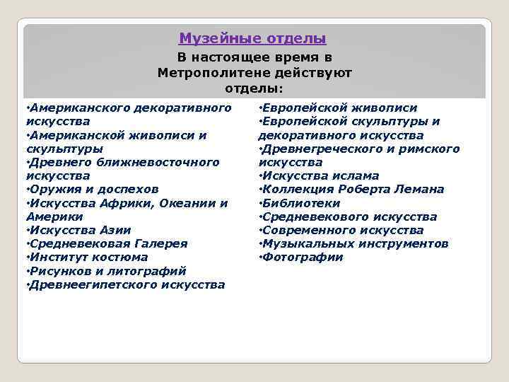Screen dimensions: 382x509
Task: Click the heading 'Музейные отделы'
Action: [x=252, y=38]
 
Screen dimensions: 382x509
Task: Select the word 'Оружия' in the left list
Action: [x=50, y=190]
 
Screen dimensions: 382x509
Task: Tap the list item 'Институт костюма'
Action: [x=88, y=257]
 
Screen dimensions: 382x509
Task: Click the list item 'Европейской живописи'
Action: [x=339, y=108]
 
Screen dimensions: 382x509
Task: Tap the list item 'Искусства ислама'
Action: [x=320, y=175]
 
